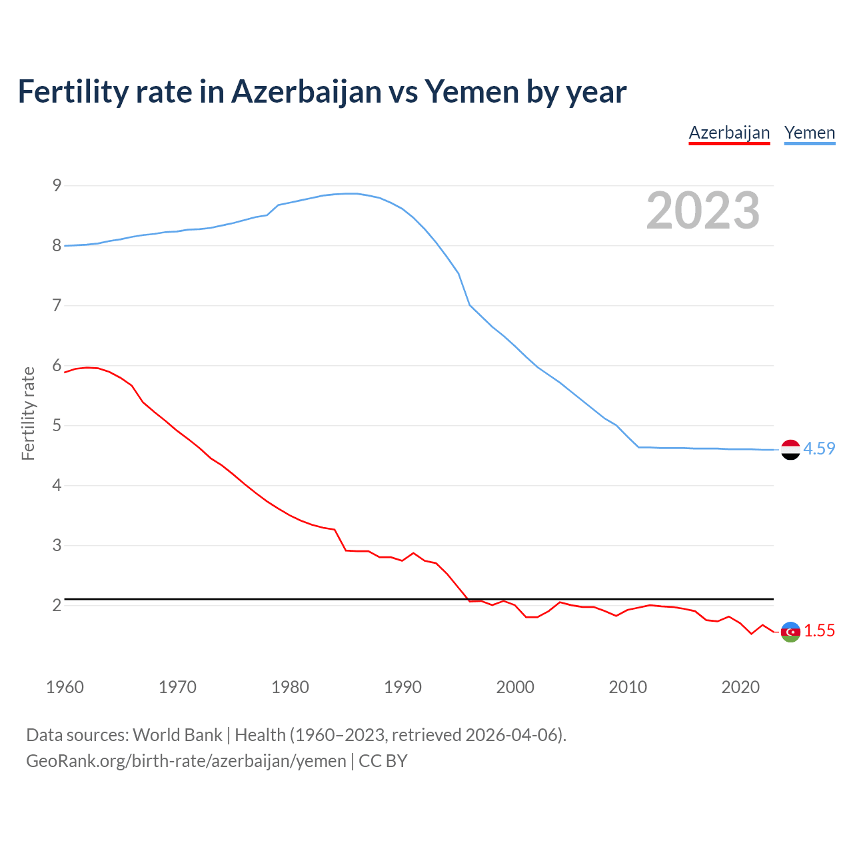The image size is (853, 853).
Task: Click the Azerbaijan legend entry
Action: coord(729,133)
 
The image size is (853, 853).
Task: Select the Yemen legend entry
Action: coord(810,133)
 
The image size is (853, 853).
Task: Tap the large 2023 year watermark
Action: coord(703,211)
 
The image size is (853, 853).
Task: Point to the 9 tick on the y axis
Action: coord(57,186)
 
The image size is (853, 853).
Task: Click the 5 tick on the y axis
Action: coord(57,426)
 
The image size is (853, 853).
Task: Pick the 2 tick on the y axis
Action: coord(57,606)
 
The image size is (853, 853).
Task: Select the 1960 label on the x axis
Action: coord(65,687)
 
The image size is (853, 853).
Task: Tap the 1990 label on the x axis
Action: coord(403,687)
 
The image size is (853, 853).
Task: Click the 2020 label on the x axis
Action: coord(740,687)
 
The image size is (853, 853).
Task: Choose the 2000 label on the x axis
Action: coord(515,687)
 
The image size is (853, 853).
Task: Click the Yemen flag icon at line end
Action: coord(790,450)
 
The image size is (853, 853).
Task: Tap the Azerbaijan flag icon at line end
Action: coord(790,632)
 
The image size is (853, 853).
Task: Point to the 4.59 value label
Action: coord(819,449)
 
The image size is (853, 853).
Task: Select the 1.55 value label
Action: coord(819,631)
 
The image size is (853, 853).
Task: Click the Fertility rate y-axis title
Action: coord(28,413)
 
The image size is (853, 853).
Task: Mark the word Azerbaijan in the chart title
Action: coord(307,92)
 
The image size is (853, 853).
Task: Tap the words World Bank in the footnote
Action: coord(177,735)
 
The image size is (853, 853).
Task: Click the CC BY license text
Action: coord(383,761)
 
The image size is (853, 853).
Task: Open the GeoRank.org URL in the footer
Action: coord(186,761)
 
